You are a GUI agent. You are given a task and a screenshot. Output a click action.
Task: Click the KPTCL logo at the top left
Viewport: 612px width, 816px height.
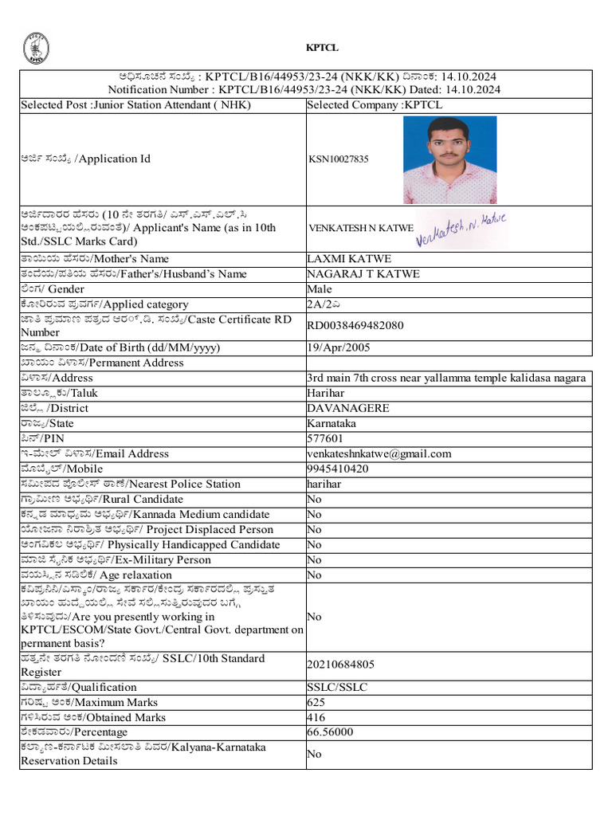[x=35, y=48]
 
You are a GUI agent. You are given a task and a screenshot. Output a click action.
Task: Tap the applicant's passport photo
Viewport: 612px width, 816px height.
[x=449, y=160]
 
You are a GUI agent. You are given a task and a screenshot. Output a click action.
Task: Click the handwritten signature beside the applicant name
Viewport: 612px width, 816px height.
[x=462, y=228]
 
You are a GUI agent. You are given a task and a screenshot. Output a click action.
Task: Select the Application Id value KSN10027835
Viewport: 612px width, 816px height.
[x=339, y=159]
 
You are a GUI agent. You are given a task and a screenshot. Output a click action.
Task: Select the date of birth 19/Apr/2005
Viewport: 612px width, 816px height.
[x=338, y=348]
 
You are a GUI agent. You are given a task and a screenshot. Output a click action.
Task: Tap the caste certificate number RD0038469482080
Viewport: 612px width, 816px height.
[x=355, y=326]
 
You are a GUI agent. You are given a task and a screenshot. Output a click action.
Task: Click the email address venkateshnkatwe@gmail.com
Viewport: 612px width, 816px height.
[x=379, y=454]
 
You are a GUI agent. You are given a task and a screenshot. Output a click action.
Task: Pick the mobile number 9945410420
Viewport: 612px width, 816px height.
[x=338, y=469]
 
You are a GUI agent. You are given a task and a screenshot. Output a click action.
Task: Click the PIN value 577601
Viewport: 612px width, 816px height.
[x=325, y=439]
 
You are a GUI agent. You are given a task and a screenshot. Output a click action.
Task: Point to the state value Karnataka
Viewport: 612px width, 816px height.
[x=331, y=424]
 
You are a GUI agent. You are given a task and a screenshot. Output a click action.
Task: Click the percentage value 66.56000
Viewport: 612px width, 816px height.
[x=330, y=732]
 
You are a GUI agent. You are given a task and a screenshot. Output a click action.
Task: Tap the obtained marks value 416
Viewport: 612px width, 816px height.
[x=316, y=718]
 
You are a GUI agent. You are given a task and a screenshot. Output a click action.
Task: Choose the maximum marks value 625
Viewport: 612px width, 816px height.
[x=316, y=703]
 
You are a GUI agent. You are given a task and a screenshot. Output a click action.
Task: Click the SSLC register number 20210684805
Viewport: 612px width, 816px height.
[x=340, y=665]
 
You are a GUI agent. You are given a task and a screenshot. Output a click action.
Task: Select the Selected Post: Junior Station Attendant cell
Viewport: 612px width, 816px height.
[x=135, y=105]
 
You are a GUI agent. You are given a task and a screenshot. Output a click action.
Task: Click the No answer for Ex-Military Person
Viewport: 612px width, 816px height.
[x=315, y=560]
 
